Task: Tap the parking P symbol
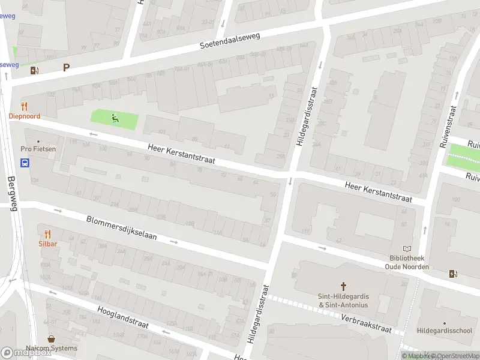66,68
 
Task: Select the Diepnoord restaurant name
25,116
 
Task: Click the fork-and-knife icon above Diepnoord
25,106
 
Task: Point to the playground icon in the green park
114,119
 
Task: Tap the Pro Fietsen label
34,149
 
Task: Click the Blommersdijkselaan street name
121,228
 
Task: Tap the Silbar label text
48,244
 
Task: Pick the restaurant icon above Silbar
48,234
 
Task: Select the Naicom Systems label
51,348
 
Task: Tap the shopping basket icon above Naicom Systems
51,338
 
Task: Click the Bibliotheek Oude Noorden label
407,263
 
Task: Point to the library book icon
407,249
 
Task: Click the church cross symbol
344,286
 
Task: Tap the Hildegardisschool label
445,331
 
